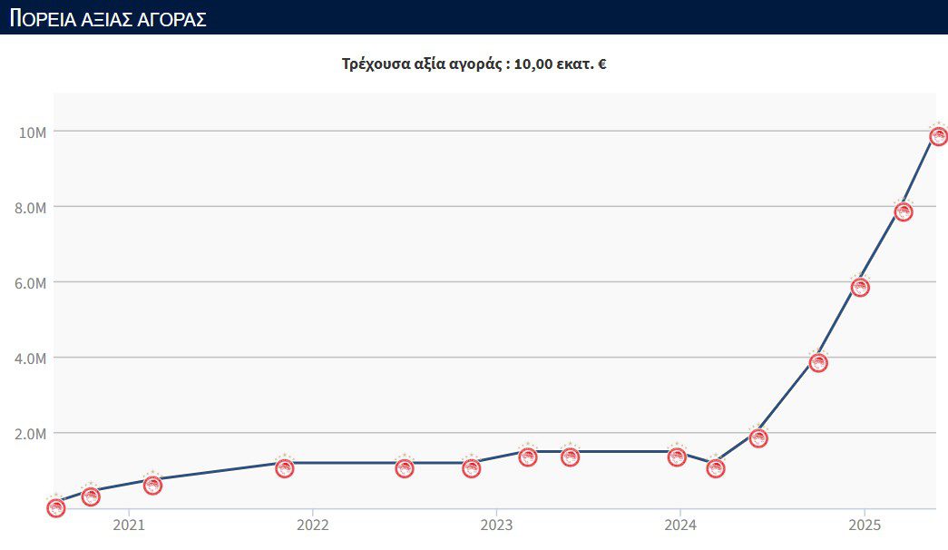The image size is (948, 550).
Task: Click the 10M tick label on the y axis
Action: pyautogui.click(x=32, y=133)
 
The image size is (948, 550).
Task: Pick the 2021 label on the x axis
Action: pyautogui.click(x=129, y=525)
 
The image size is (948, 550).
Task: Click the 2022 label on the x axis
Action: pyautogui.click(x=313, y=525)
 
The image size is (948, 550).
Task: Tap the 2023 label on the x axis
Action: pyautogui.click(x=496, y=525)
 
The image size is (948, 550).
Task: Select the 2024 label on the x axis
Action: pyautogui.click(x=680, y=525)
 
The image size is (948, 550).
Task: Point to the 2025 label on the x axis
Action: pyautogui.click(x=865, y=525)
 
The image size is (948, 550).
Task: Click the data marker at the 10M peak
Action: pyautogui.click(x=939, y=136)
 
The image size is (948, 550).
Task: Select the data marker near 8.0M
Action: pyautogui.click(x=903, y=211)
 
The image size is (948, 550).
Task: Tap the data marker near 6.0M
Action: pyautogui.click(x=860, y=287)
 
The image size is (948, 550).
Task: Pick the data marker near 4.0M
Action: pyautogui.click(x=818, y=362)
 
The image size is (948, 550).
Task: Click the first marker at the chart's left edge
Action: pyautogui.click(x=56, y=507)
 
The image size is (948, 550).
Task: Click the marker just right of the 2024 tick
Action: pyautogui.click(x=716, y=468)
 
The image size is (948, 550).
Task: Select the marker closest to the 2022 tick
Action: pyautogui.click(x=285, y=468)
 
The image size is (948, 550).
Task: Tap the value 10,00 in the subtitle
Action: pyautogui.click(x=533, y=64)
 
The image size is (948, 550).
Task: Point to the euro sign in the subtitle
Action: pyautogui.click(x=601, y=64)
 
